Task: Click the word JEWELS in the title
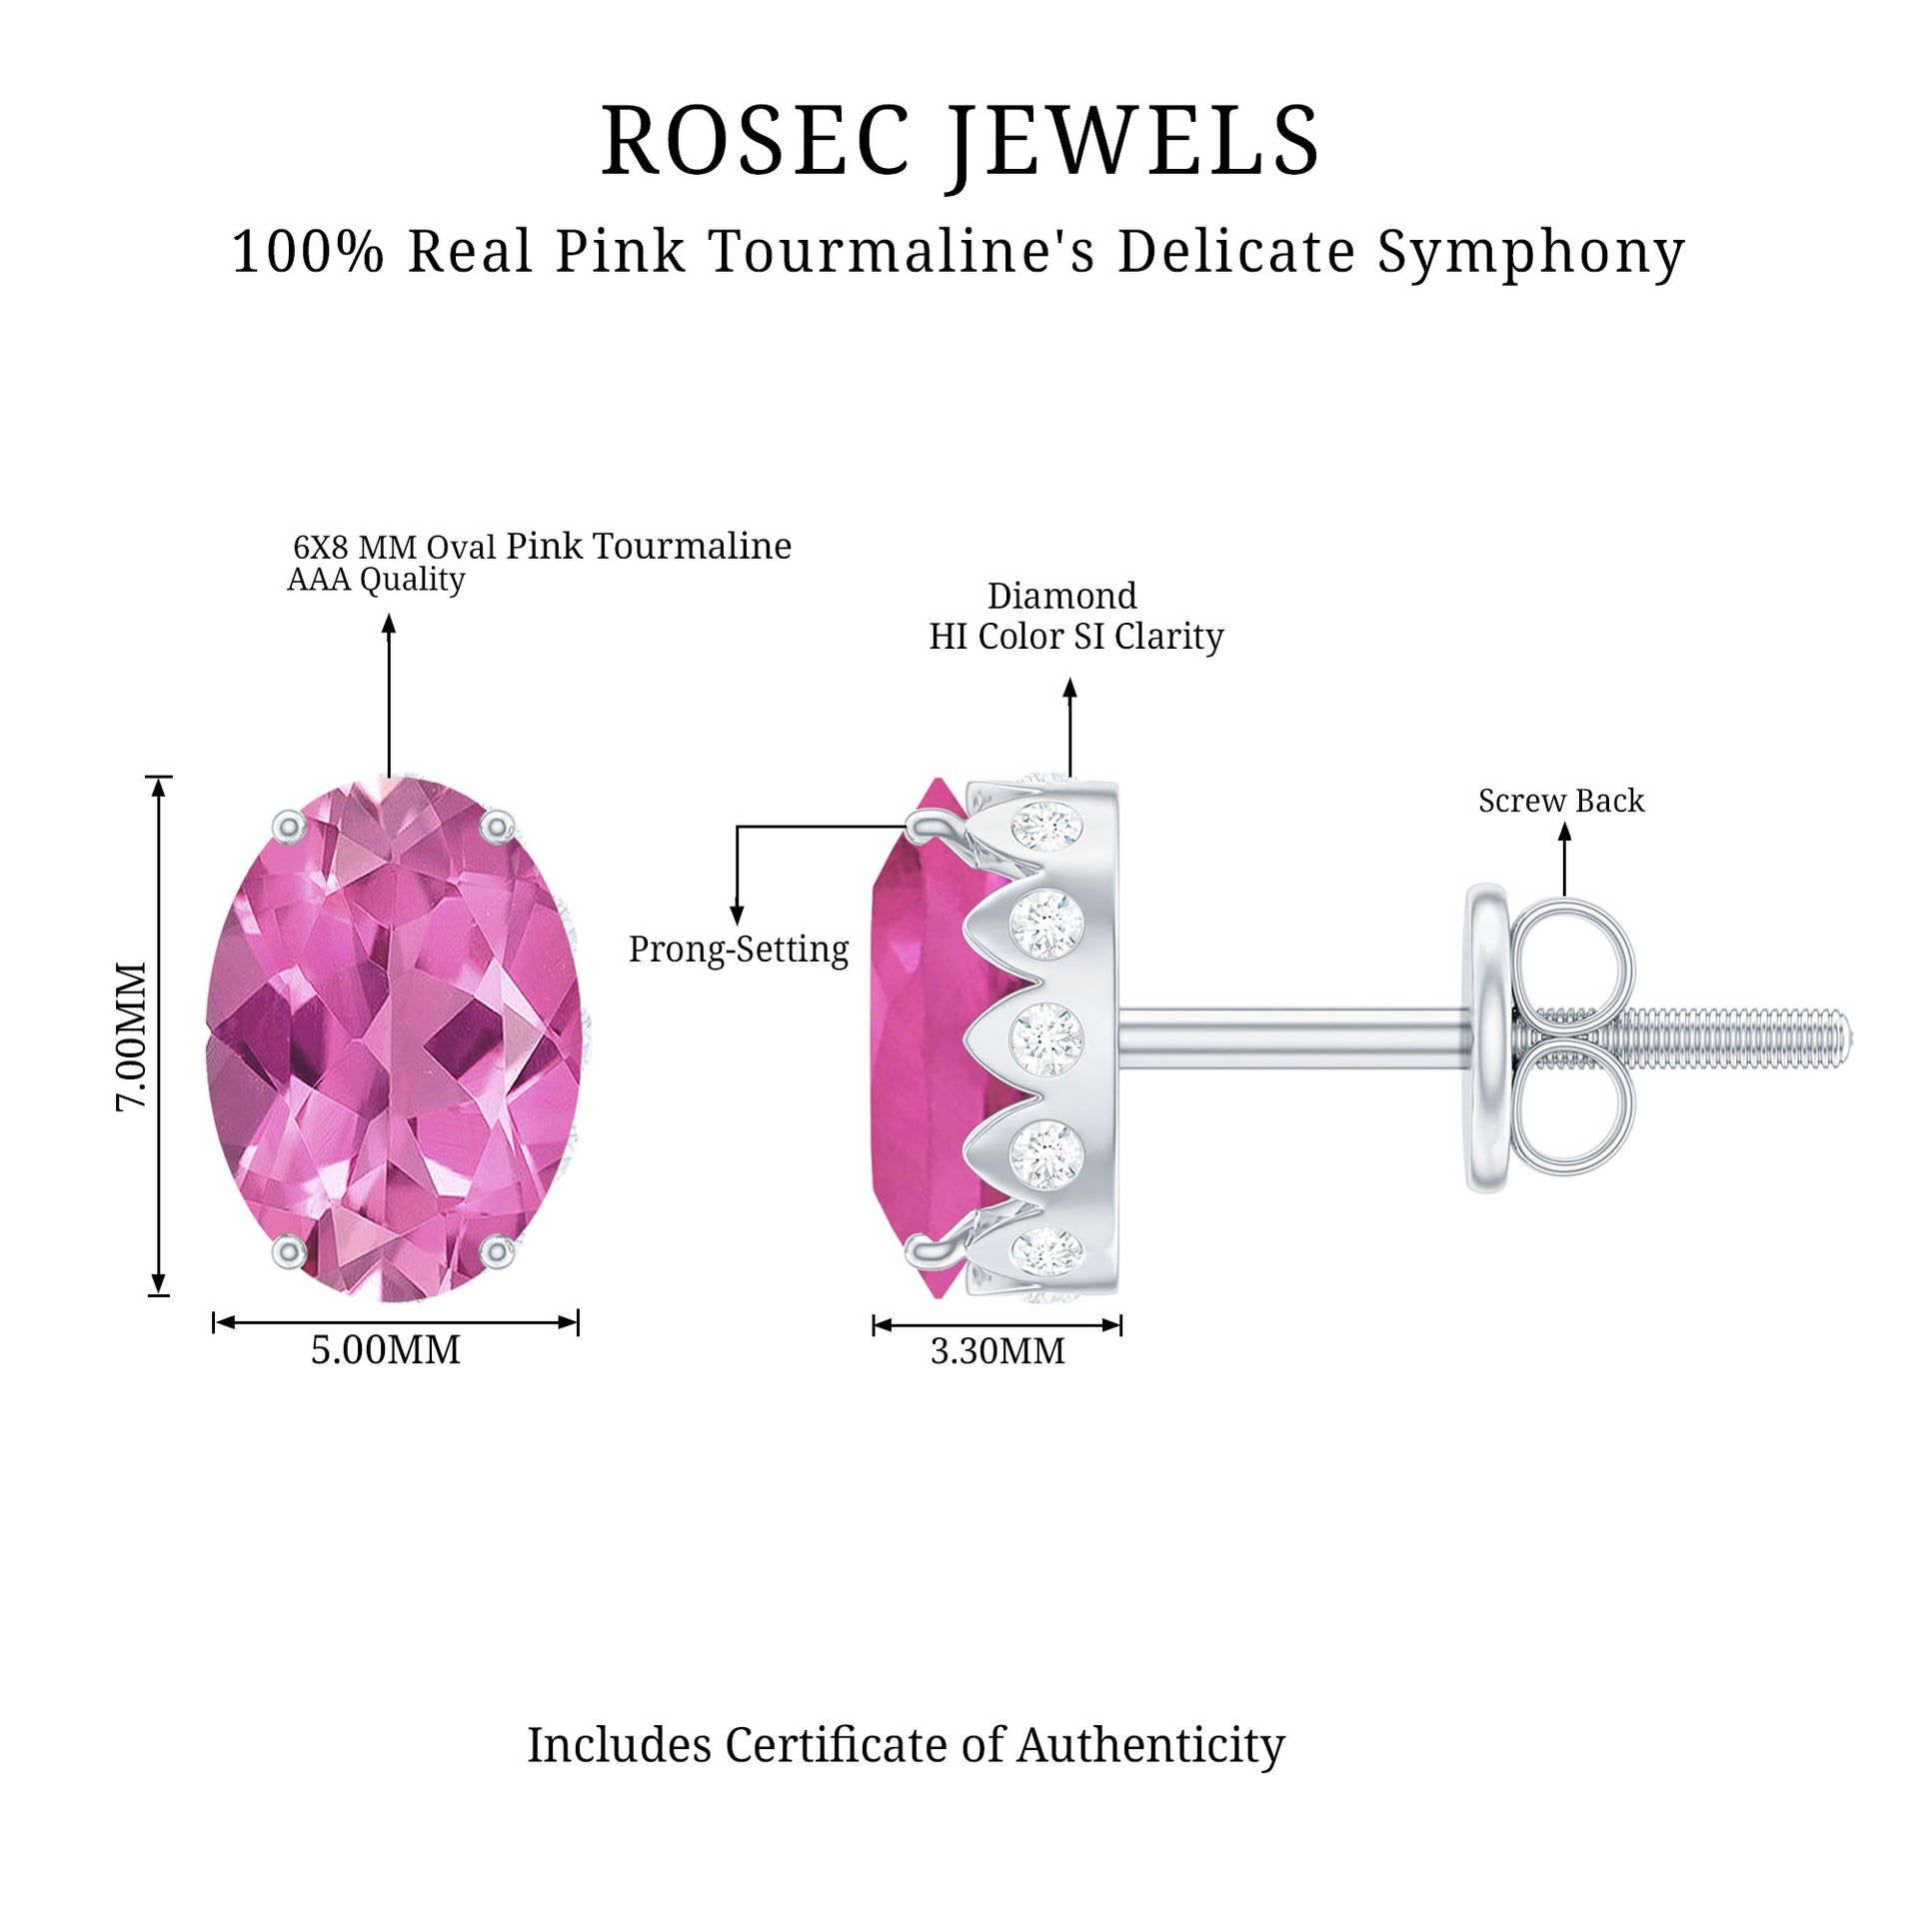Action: click(x=1133, y=142)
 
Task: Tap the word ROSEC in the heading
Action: click(x=756, y=142)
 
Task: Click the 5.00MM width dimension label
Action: click(x=386, y=1350)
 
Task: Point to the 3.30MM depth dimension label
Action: click(x=997, y=1351)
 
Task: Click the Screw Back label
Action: click(x=1561, y=801)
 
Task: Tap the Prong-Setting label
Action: click(x=739, y=949)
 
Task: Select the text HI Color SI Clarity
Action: click(x=1076, y=637)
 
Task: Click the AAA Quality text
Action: click(x=376, y=580)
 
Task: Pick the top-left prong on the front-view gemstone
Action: click(x=289, y=827)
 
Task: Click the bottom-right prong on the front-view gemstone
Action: click(x=496, y=1250)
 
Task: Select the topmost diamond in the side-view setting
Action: click(x=1045, y=827)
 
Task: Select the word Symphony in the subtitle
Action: click(x=1531, y=252)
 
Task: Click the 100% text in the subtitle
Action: click(x=308, y=252)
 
